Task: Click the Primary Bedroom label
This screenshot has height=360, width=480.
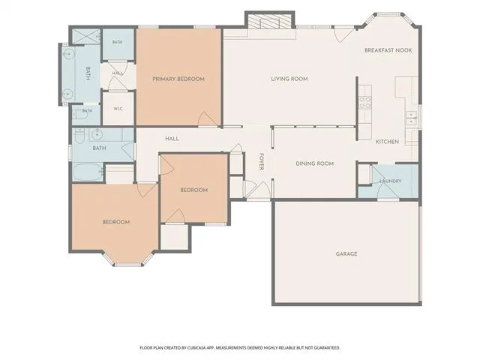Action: pos(178,79)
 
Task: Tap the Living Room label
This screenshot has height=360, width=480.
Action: pos(289,79)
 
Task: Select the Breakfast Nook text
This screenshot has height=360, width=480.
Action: pos(388,50)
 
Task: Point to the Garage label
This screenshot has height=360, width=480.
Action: pos(346,253)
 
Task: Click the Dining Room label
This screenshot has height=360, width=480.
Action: pos(315,163)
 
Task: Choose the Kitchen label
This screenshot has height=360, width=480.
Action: pos(387,142)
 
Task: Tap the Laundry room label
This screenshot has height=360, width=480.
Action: pos(390,181)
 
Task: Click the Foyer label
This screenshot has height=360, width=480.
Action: pos(262,161)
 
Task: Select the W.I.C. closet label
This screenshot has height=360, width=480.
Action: pos(118,109)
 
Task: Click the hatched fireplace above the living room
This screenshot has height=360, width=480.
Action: pos(269,22)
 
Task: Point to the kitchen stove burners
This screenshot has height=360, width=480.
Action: pos(365,103)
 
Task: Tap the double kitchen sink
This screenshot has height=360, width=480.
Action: pos(411,118)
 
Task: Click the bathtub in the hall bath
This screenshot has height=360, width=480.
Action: pos(88,172)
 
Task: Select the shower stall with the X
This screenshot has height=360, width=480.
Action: pos(86,37)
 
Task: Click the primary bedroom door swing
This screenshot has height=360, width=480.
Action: pos(208,118)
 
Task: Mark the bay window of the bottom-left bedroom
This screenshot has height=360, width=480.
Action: pos(128,260)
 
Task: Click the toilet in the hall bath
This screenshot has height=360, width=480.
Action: pos(79,136)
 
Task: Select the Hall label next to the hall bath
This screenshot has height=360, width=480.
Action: pos(172,139)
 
